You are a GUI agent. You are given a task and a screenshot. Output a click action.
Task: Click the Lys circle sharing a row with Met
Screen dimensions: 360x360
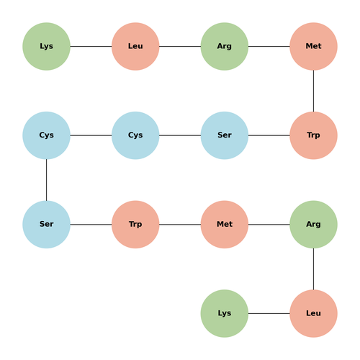46,46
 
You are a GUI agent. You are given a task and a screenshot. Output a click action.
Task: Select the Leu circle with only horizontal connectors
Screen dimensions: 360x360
135,46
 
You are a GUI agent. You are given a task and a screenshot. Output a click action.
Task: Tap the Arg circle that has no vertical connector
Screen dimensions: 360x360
225,46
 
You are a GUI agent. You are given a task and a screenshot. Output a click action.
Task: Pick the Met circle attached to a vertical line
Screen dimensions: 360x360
313,46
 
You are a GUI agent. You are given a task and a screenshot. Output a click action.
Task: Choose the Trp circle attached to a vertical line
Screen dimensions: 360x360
313,135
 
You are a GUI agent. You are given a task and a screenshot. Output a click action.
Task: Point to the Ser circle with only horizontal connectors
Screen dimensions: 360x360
225,135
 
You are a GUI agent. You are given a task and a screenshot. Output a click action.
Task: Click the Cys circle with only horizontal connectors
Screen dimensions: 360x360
135,135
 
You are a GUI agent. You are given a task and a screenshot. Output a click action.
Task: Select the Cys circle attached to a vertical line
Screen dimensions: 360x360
46,135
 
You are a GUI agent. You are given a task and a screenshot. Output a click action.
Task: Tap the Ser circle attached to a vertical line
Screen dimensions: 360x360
46,225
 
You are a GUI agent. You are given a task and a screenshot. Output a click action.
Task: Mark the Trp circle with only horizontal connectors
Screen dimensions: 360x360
135,225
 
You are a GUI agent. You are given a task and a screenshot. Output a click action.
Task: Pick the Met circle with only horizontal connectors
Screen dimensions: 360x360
225,225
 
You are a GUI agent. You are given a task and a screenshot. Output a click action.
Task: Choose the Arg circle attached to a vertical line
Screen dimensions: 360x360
313,225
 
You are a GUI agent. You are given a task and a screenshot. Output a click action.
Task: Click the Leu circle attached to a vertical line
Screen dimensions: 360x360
313,313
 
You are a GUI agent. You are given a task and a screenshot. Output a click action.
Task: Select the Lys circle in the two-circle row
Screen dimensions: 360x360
225,313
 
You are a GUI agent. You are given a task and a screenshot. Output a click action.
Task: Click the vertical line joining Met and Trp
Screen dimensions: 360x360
313,91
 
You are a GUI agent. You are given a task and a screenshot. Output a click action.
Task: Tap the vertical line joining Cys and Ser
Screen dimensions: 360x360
46,180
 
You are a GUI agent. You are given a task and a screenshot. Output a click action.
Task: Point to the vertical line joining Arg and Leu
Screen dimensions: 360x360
313,269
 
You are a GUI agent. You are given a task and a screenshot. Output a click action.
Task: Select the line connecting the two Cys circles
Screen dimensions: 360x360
91,135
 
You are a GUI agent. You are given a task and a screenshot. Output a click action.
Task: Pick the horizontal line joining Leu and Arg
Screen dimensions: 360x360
180,46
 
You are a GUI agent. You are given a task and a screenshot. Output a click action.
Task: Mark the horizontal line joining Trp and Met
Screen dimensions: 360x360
180,225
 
